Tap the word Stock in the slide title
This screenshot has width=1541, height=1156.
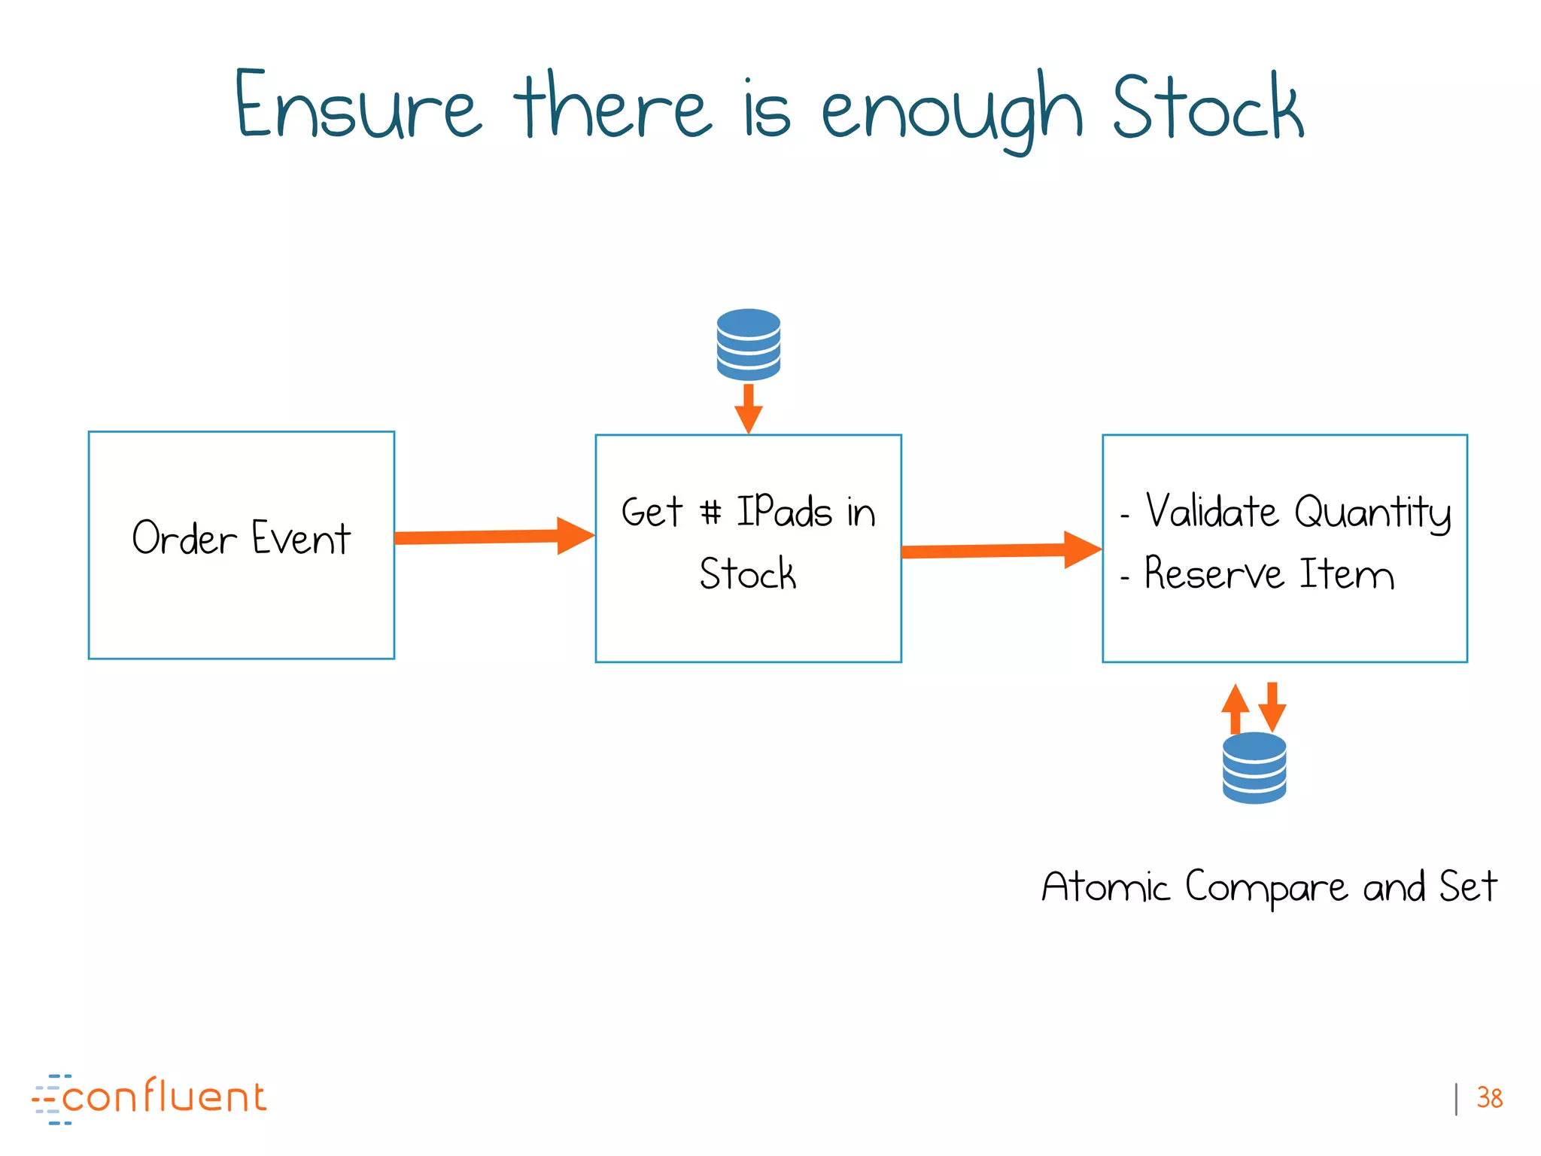click(x=1207, y=108)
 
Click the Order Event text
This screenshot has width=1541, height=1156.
click(x=242, y=539)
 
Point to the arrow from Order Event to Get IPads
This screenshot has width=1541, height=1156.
click(x=494, y=537)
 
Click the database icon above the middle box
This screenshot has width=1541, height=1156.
click(x=748, y=345)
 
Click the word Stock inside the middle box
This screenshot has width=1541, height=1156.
click(x=747, y=574)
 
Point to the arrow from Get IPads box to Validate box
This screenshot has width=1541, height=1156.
click(x=1001, y=550)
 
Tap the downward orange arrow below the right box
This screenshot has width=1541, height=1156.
click(x=1272, y=706)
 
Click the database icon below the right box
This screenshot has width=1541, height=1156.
click(x=1254, y=768)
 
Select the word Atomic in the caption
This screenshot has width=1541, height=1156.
click(x=1105, y=887)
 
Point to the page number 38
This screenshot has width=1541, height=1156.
click(x=1489, y=1098)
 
